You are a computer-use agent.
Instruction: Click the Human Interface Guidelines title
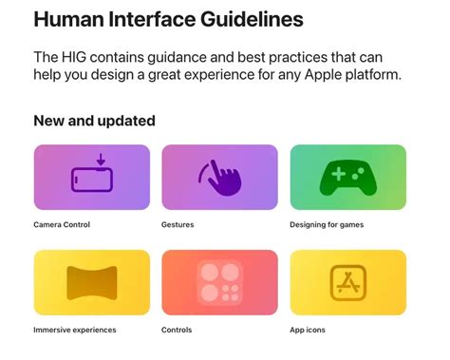169,18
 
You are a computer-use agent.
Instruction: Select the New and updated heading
94,121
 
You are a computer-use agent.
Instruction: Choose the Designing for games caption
327,225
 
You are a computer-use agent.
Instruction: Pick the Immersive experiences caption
75,330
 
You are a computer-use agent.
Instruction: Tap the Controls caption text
178,330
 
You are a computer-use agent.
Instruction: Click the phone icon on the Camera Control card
92,179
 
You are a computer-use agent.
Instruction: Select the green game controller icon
348,178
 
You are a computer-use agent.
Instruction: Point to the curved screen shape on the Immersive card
92,282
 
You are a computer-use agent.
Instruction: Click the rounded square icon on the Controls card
219,282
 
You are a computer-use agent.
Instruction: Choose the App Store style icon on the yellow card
348,282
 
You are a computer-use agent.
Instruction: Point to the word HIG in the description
79,56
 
